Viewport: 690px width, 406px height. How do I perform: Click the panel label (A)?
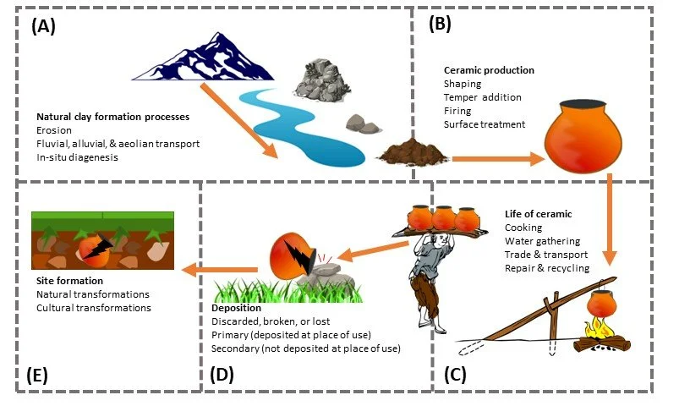pos(43,25)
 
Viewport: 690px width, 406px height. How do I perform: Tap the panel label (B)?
pos(441,25)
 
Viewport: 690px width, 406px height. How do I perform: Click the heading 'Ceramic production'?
pos(489,70)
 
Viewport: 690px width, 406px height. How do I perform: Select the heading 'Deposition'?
pos(237,308)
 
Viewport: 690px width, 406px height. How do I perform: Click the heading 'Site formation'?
pos(69,280)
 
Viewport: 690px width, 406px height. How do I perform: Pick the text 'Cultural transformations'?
pos(93,308)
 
